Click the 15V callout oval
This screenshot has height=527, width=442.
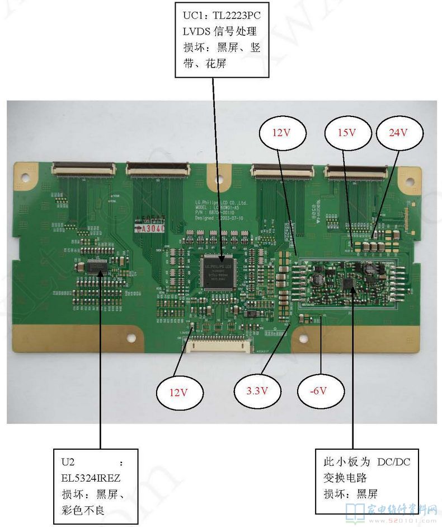[347, 133]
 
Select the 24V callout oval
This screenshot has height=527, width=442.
[399, 133]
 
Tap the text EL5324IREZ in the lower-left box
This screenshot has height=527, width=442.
[91, 478]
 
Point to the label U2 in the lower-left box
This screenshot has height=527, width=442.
[68, 462]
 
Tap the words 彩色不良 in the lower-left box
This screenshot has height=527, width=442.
[83, 510]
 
